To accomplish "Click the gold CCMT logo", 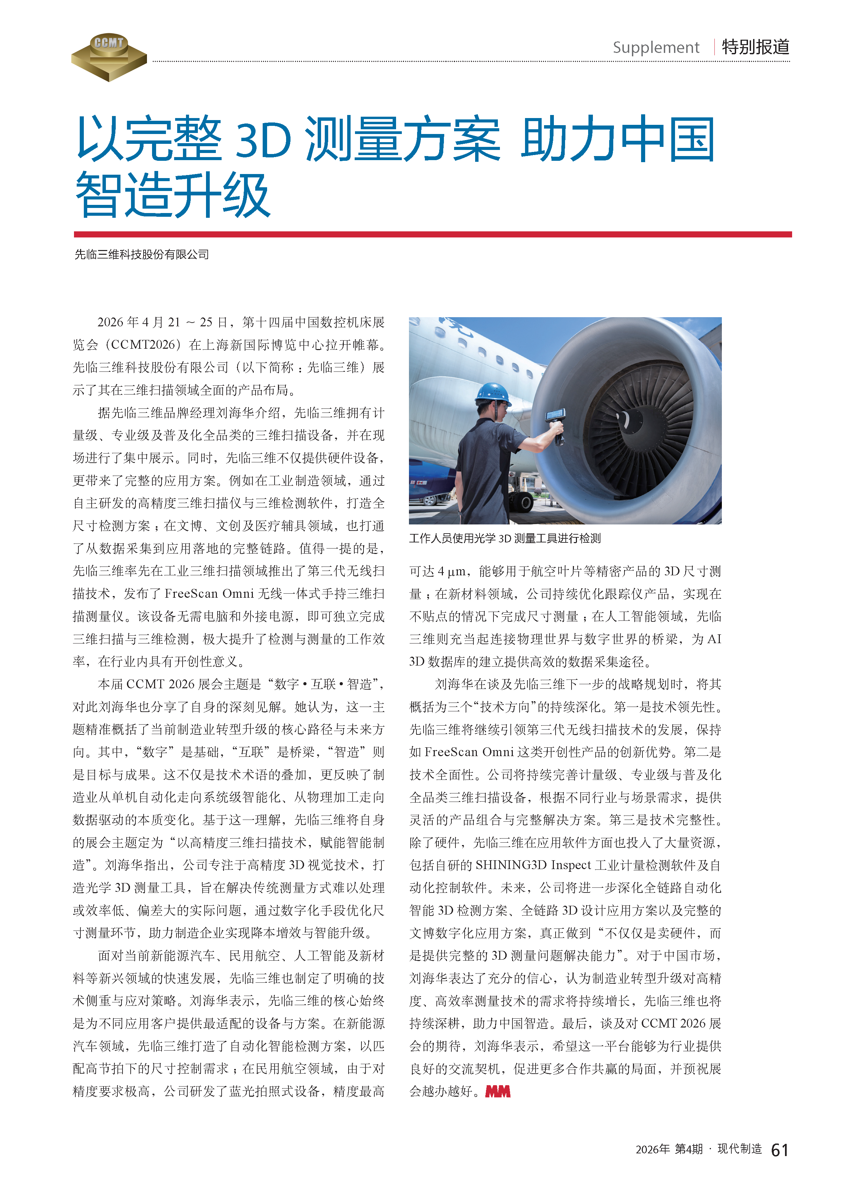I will coord(109,57).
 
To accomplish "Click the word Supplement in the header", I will coord(656,48).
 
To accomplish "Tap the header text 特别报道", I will coord(755,47).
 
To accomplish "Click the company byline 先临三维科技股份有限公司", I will coord(142,254).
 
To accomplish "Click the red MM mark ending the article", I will coord(498,1092).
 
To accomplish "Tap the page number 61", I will coord(779,1150).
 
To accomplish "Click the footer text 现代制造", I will coord(740,1149).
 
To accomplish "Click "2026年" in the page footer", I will coord(653,1150).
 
